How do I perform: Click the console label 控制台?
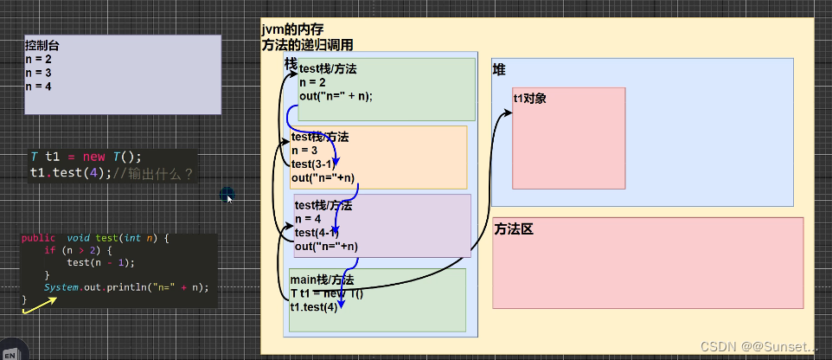coord(42,45)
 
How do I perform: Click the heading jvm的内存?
coord(293,30)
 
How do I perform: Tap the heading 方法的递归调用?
coord(307,45)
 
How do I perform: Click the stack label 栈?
coord(291,63)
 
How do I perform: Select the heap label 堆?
coord(499,69)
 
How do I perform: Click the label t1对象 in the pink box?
coord(529,98)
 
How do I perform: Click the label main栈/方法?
coord(323,280)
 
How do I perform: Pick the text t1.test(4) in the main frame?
coord(314,307)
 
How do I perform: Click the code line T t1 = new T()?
coord(85,157)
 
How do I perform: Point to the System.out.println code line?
coord(126,286)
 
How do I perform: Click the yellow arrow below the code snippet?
coord(39,304)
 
